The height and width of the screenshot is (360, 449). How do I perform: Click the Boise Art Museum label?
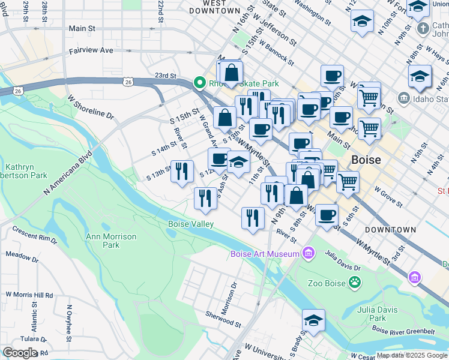click(x=265, y=254)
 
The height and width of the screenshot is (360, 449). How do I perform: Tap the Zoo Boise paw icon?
click(x=355, y=281)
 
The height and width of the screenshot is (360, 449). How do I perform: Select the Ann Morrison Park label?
click(x=111, y=241)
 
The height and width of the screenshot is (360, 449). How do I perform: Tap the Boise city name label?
click(x=366, y=161)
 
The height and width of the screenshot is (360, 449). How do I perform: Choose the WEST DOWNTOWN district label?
click(x=214, y=7)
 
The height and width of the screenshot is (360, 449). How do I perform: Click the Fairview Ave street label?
click(x=91, y=51)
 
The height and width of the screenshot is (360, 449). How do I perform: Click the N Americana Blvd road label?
click(x=67, y=173)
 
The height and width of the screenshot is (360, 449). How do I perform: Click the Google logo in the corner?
click(x=20, y=353)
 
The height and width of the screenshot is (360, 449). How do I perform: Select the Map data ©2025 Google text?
click(x=412, y=355)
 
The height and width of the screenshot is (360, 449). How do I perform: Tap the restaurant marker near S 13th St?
click(x=182, y=171)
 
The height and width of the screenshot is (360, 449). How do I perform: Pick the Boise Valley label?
click(x=190, y=224)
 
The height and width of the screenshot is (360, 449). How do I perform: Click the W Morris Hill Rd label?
click(x=29, y=295)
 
